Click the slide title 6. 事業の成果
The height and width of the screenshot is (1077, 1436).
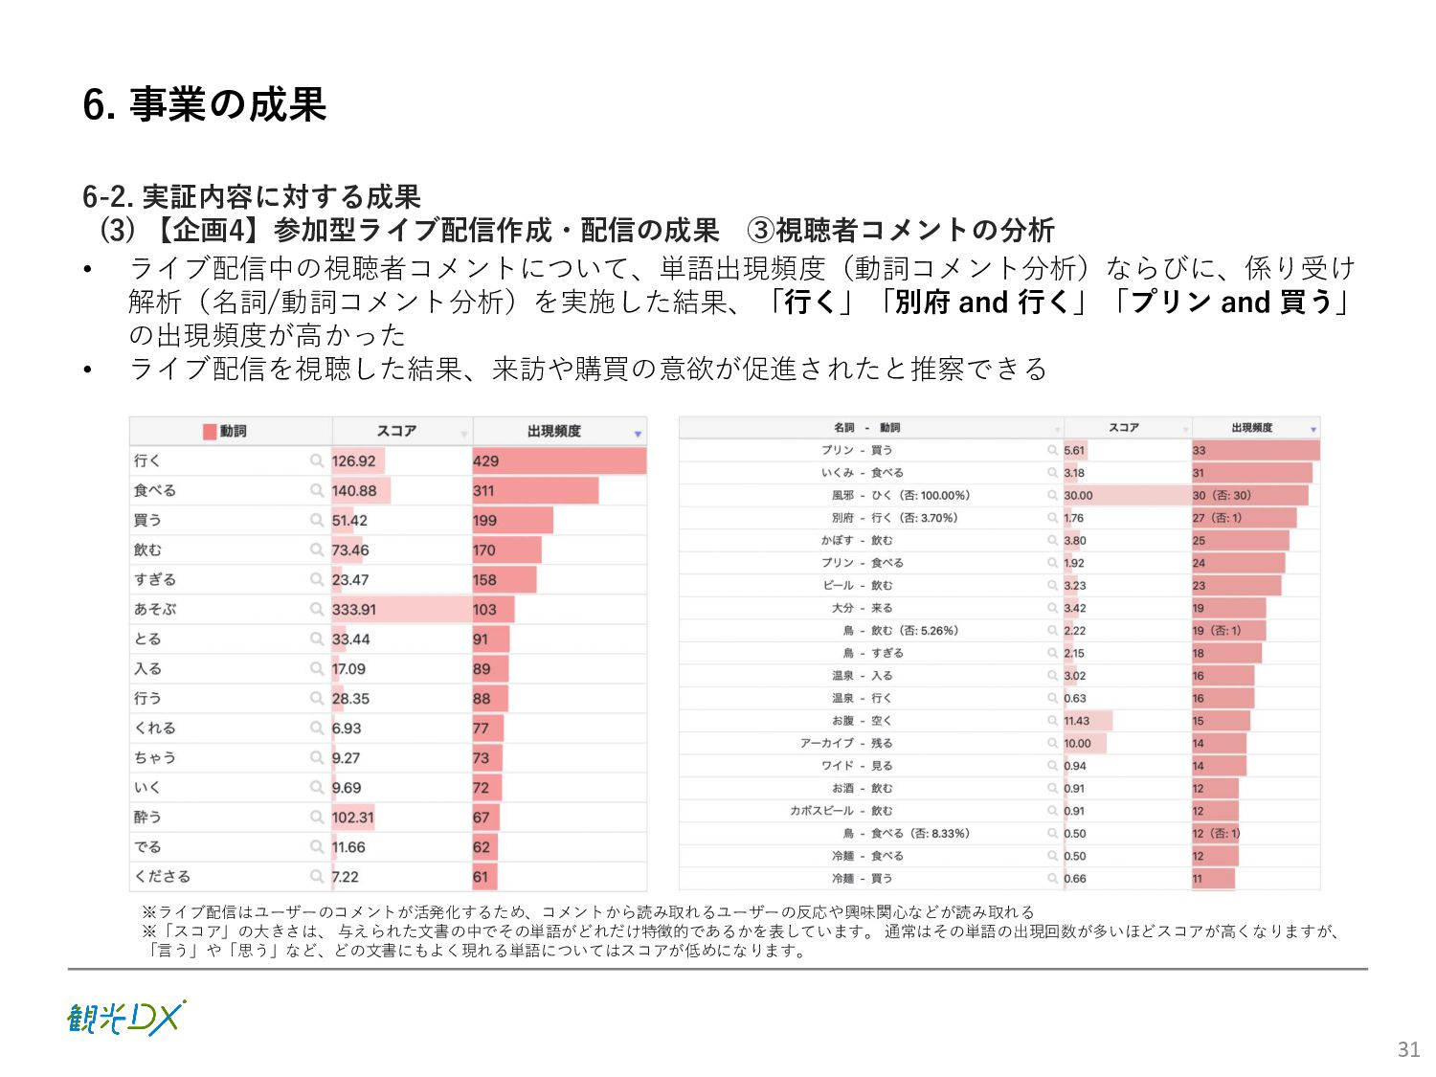click(205, 104)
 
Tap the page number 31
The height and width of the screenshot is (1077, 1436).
click(1408, 1049)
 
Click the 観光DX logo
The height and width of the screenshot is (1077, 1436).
click(125, 1018)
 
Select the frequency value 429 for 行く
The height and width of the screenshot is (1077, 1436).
click(486, 461)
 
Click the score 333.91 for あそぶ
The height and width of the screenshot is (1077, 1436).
click(354, 610)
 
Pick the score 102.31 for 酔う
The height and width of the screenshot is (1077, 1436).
click(352, 818)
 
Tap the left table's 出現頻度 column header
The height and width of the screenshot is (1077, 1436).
click(553, 432)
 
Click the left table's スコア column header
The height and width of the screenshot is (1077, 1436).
click(396, 432)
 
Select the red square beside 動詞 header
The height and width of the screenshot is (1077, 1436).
click(210, 432)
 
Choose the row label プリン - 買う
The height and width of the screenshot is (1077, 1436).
click(857, 450)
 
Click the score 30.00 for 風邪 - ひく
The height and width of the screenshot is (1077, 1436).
click(1078, 496)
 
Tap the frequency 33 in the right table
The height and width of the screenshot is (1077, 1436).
click(1200, 450)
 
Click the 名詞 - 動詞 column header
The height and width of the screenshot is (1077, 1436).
click(866, 428)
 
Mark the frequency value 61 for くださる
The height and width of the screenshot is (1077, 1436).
click(481, 877)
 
